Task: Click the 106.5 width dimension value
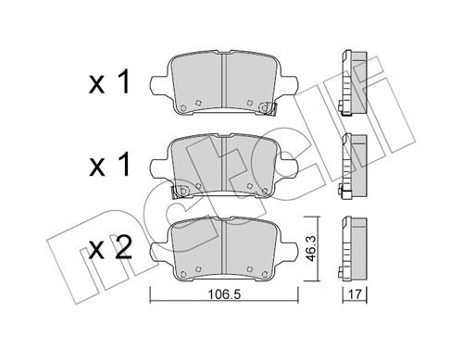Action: click(x=224, y=294)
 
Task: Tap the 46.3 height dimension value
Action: click(x=311, y=248)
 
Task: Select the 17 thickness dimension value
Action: click(x=355, y=294)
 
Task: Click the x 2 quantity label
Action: click(x=110, y=248)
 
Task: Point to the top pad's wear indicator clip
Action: click(x=268, y=108)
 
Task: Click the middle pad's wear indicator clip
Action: click(x=180, y=192)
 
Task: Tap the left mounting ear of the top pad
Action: click(x=159, y=85)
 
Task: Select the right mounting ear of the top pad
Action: click(x=289, y=85)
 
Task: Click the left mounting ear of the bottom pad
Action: click(x=159, y=252)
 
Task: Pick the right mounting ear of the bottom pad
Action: click(x=289, y=252)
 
